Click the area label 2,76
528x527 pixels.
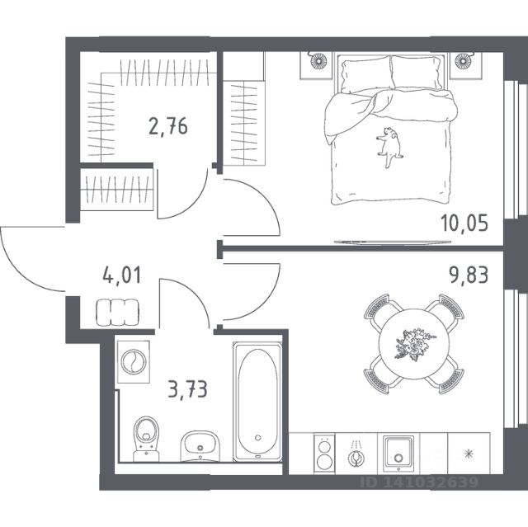[168, 127]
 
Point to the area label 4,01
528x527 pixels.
[120, 274]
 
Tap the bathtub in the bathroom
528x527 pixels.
[258, 401]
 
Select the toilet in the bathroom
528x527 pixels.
[147, 434]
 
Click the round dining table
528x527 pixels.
[412, 341]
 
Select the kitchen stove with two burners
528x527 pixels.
[324, 454]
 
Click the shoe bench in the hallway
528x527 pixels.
[118, 313]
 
